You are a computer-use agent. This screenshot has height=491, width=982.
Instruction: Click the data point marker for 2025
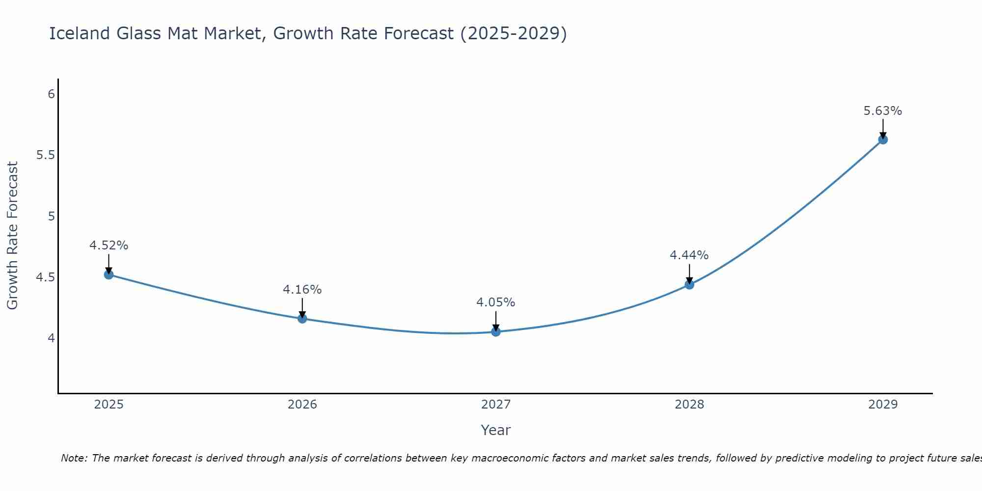pyautogui.click(x=109, y=274)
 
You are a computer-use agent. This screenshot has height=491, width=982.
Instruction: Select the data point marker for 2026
pyautogui.click(x=302, y=319)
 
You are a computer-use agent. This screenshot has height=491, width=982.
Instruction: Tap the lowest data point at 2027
pyautogui.click(x=495, y=332)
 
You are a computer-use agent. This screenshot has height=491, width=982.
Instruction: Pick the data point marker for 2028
pyautogui.click(x=689, y=284)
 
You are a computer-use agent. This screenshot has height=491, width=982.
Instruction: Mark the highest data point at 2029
pyautogui.click(x=882, y=139)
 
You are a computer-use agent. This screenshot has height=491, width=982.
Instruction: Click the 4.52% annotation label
pyautogui.click(x=109, y=245)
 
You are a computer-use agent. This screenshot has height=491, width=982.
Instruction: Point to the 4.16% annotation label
pyautogui.click(x=302, y=290)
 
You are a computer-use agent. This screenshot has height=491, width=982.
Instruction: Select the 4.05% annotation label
pyautogui.click(x=495, y=302)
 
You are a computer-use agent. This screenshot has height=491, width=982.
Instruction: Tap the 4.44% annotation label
pyautogui.click(x=689, y=255)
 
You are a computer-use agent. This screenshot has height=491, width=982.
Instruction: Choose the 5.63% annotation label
pyautogui.click(x=882, y=111)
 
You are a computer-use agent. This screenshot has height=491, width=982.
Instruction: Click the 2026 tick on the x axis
pyautogui.click(x=302, y=405)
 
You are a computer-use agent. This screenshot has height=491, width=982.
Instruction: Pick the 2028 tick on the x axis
pyautogui.click(x=689, y=405)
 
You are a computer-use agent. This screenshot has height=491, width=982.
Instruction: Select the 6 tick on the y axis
pyautogui.click(x=51, y=94)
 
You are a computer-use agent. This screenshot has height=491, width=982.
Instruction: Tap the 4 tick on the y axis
pyautogui.click(x=51, y=338)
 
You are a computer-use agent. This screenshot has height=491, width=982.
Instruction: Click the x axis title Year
pyautogui.click(x=495, y=430)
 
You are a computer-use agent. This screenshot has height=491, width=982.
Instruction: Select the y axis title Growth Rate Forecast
pyautogui.click(x=12, y=235)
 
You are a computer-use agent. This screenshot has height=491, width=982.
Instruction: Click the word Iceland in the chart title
pyautogui.click(x=79, y=33)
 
